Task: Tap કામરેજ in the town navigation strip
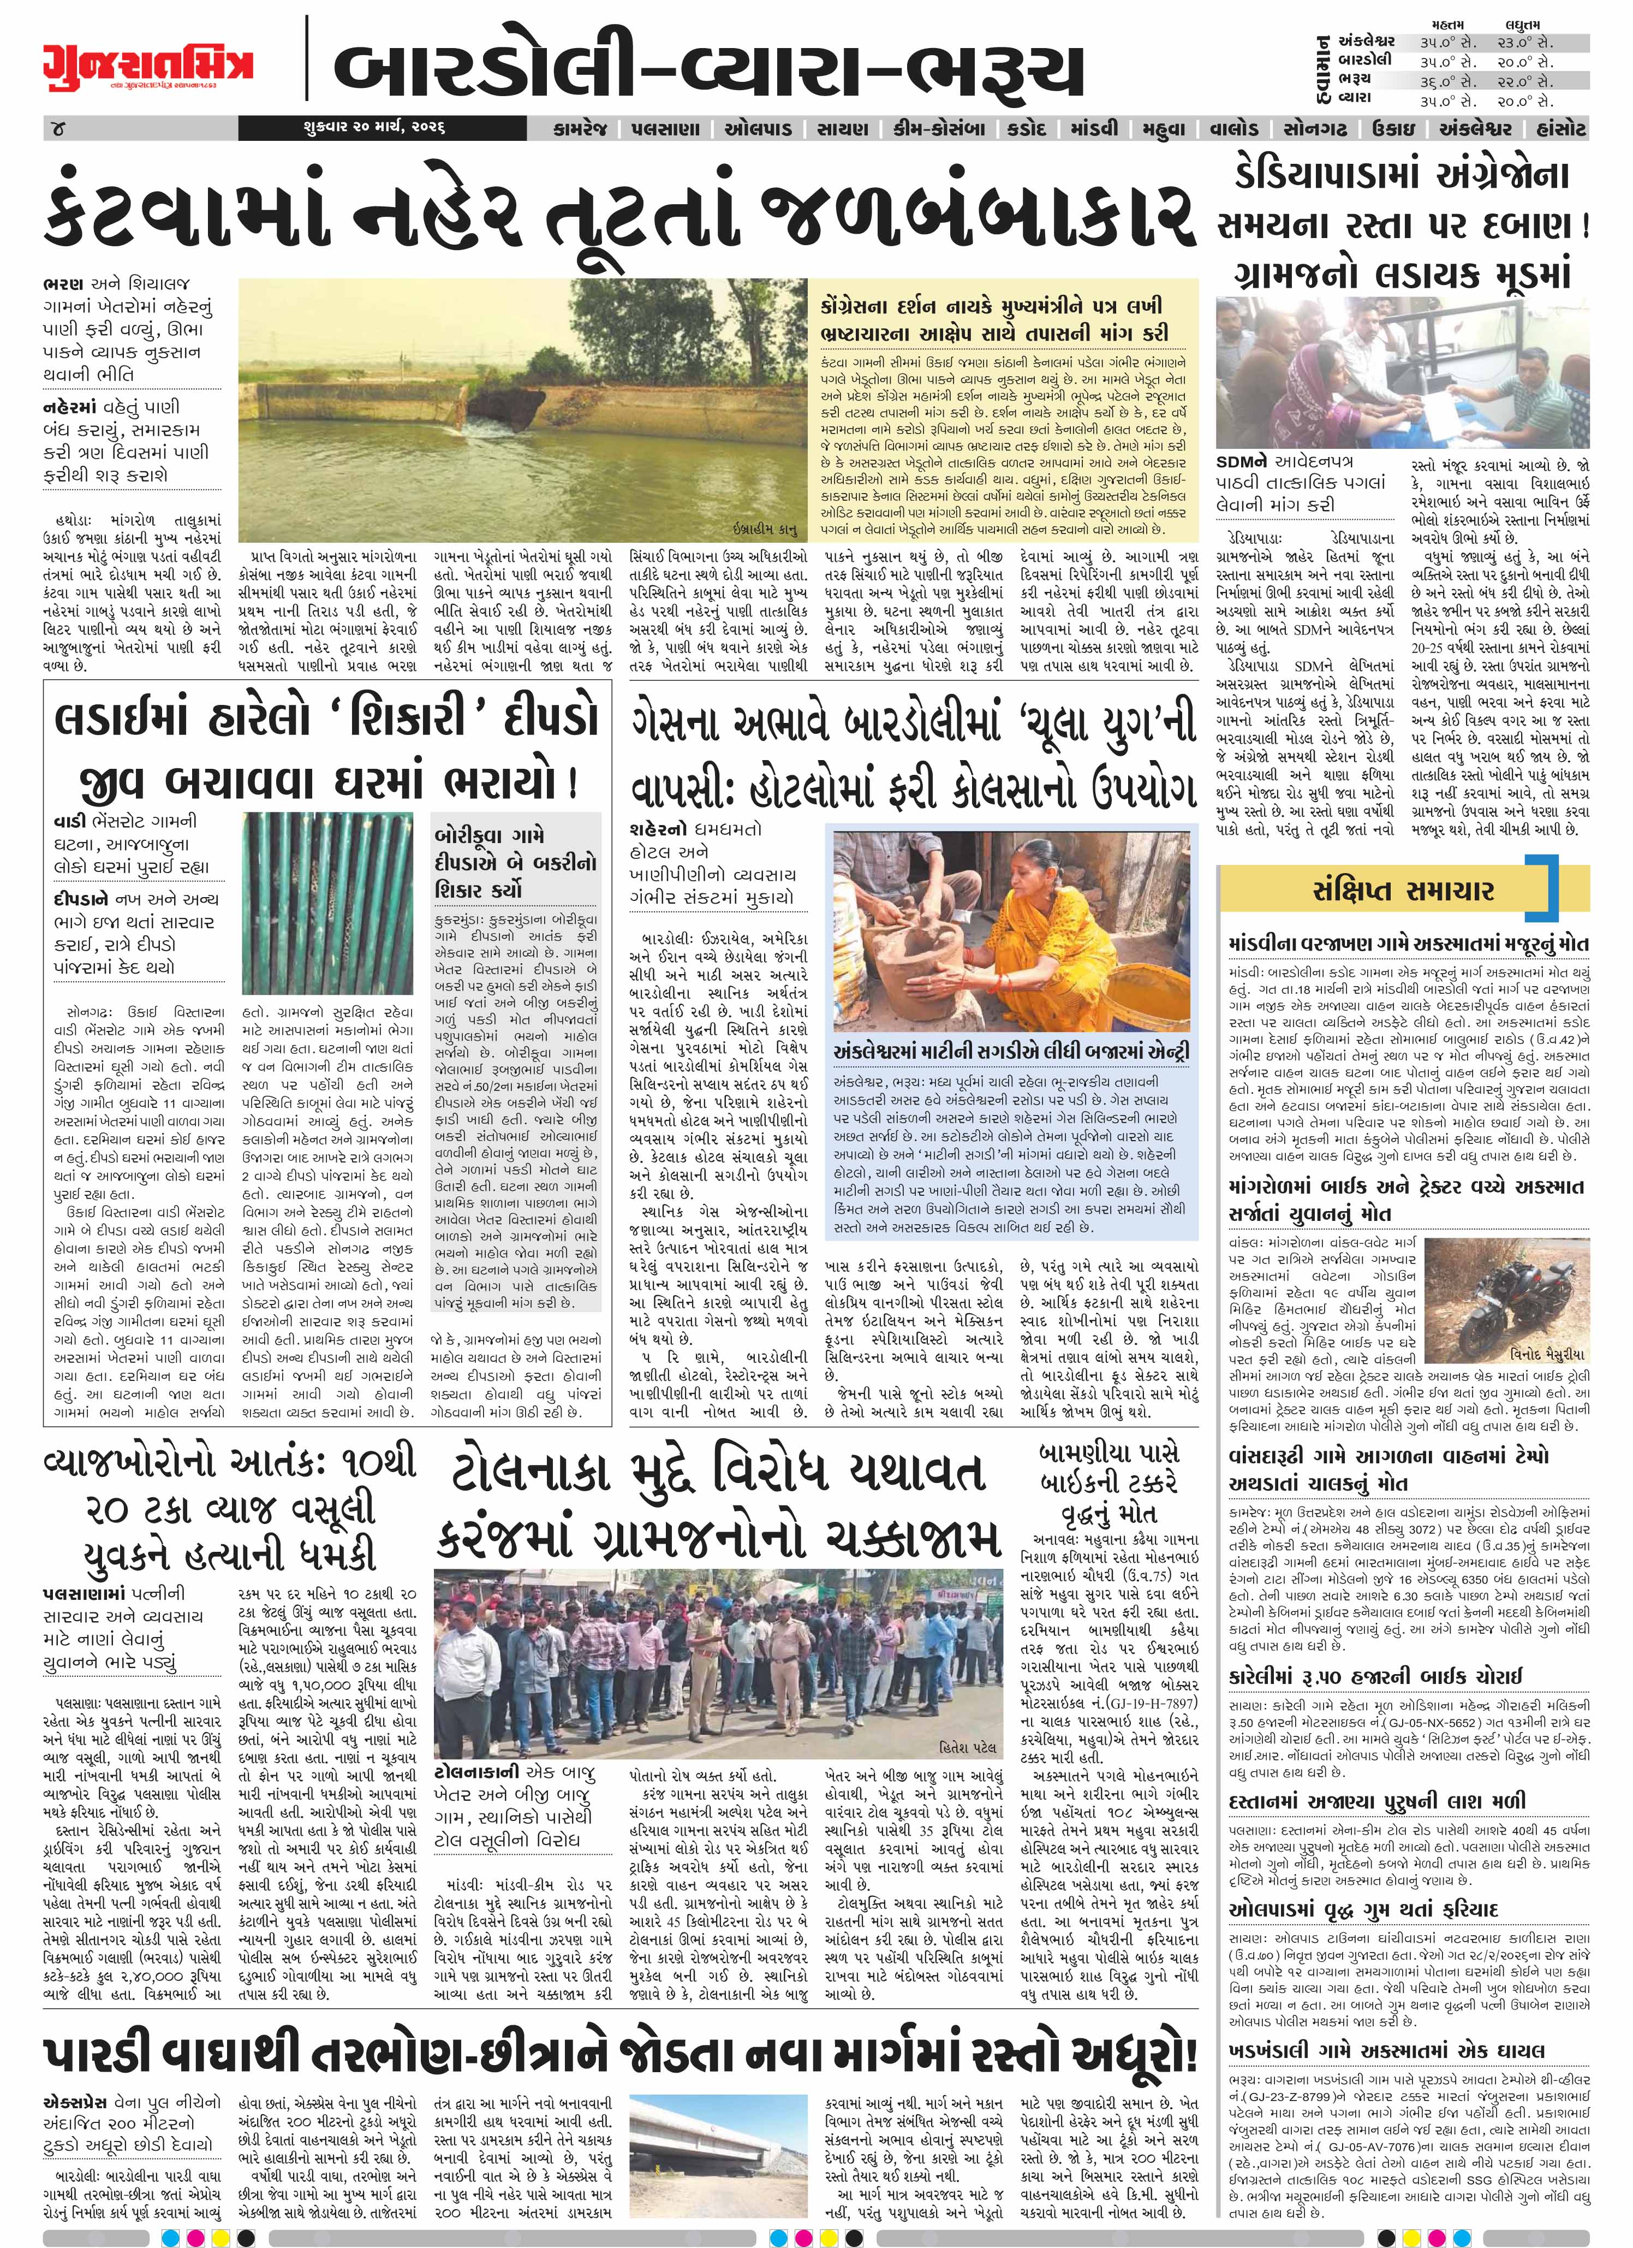pos(582,129)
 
